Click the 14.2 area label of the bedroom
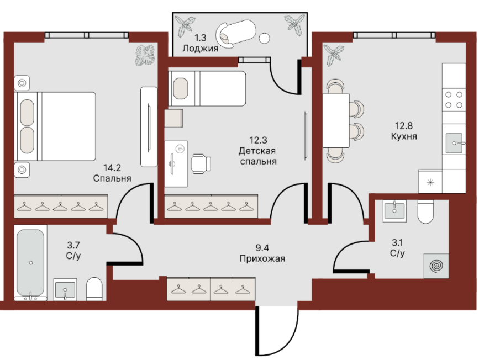coord(112,168)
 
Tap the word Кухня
coord(404,136)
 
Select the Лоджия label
coord(201,49)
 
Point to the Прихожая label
coord(262,258)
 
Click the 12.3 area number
coord(258,140)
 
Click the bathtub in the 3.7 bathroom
coord(30,263)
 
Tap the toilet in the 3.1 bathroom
coord(425,211)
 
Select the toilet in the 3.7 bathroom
coord(94,289)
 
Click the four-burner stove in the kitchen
coord(454,100)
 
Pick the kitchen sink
coord(454,143)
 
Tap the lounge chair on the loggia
coord(236,32)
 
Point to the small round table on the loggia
coord(264,38)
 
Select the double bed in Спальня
coord(55,126)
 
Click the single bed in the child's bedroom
coord(207,88)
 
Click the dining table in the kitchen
coord(336,120)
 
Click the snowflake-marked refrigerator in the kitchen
coord(430,182)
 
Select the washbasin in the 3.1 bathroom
coord(394,211)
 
